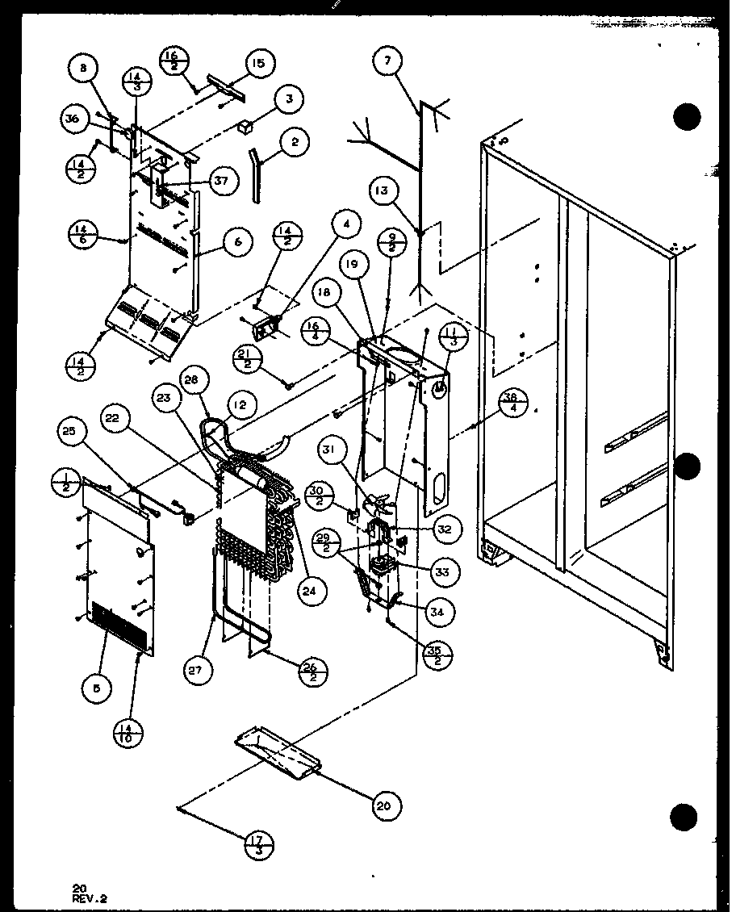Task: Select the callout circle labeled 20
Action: [x=387, y=805]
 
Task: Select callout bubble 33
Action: [x=443, y=571]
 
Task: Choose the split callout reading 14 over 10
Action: [x=129, y=734]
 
